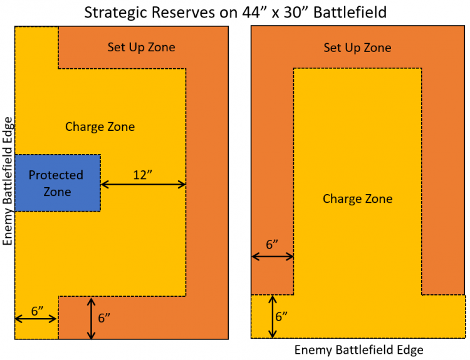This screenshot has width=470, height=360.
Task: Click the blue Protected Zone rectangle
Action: tap(58, 183)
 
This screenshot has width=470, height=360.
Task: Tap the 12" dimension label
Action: tap(143, 175)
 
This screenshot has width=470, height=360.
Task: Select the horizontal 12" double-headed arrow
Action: tap(144, 185)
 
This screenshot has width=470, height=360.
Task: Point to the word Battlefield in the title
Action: tap(350, 13)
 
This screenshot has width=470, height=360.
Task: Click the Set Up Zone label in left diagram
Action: tap(141, 48)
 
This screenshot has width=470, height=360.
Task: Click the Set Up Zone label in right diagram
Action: tap(357, 48)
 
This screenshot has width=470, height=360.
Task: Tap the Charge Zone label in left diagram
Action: tap(100, 126)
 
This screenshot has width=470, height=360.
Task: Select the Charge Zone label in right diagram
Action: tap(358, 199)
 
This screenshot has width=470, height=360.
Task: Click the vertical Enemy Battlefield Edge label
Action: tap(8, 181)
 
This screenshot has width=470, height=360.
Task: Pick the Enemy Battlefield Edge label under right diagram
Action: tap(359, 350)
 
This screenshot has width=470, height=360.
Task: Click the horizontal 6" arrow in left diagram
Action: tap(36, 319)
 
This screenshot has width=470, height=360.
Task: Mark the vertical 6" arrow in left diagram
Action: tap(91, 318)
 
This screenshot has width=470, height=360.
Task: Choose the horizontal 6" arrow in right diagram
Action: tap(273, 256)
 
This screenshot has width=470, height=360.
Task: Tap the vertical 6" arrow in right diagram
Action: tap(273, 317)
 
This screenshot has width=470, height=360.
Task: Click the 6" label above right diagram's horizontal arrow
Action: tap(272, 245)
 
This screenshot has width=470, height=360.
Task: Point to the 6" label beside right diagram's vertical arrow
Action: tap(281, 317)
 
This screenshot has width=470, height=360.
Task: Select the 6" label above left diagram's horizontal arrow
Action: tap(38, 311)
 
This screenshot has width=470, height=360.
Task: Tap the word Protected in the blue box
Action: tap(56, 175)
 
